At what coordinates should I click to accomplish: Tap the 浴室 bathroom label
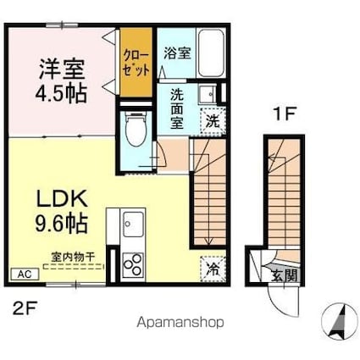click(x=177, y=52)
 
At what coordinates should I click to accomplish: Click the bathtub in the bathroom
click(x=212, y=56)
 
